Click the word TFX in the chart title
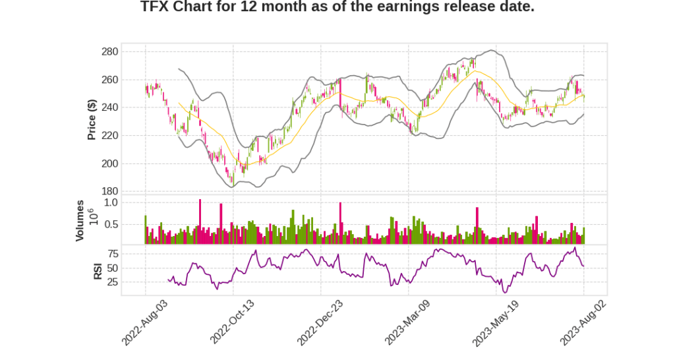coord(156,7)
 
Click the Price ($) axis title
coord(92,119)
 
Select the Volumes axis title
coord(80,220)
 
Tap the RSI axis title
coord(98,270)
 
